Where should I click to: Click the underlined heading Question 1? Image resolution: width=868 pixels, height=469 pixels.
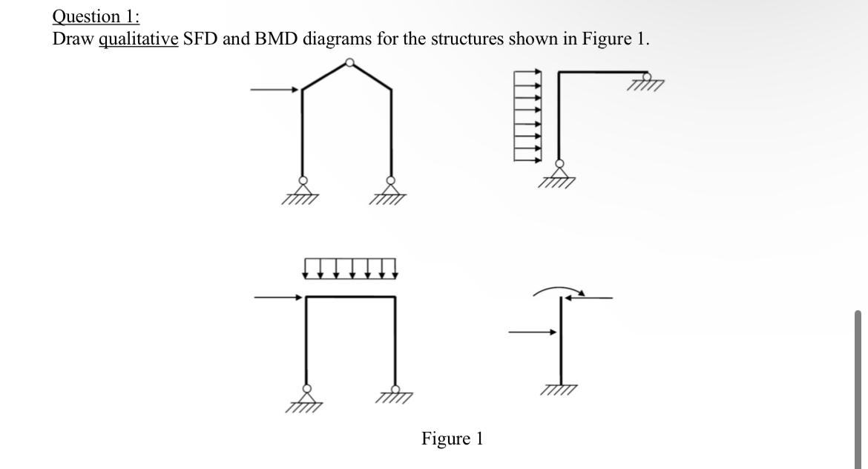(91, 16)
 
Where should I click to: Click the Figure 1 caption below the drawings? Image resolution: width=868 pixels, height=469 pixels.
(452, 439)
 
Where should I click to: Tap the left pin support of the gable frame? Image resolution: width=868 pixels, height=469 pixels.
(302, 188)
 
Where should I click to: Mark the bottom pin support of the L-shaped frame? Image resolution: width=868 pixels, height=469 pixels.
(559, 173)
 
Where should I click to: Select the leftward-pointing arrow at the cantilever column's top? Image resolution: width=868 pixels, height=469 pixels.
(589, 298)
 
